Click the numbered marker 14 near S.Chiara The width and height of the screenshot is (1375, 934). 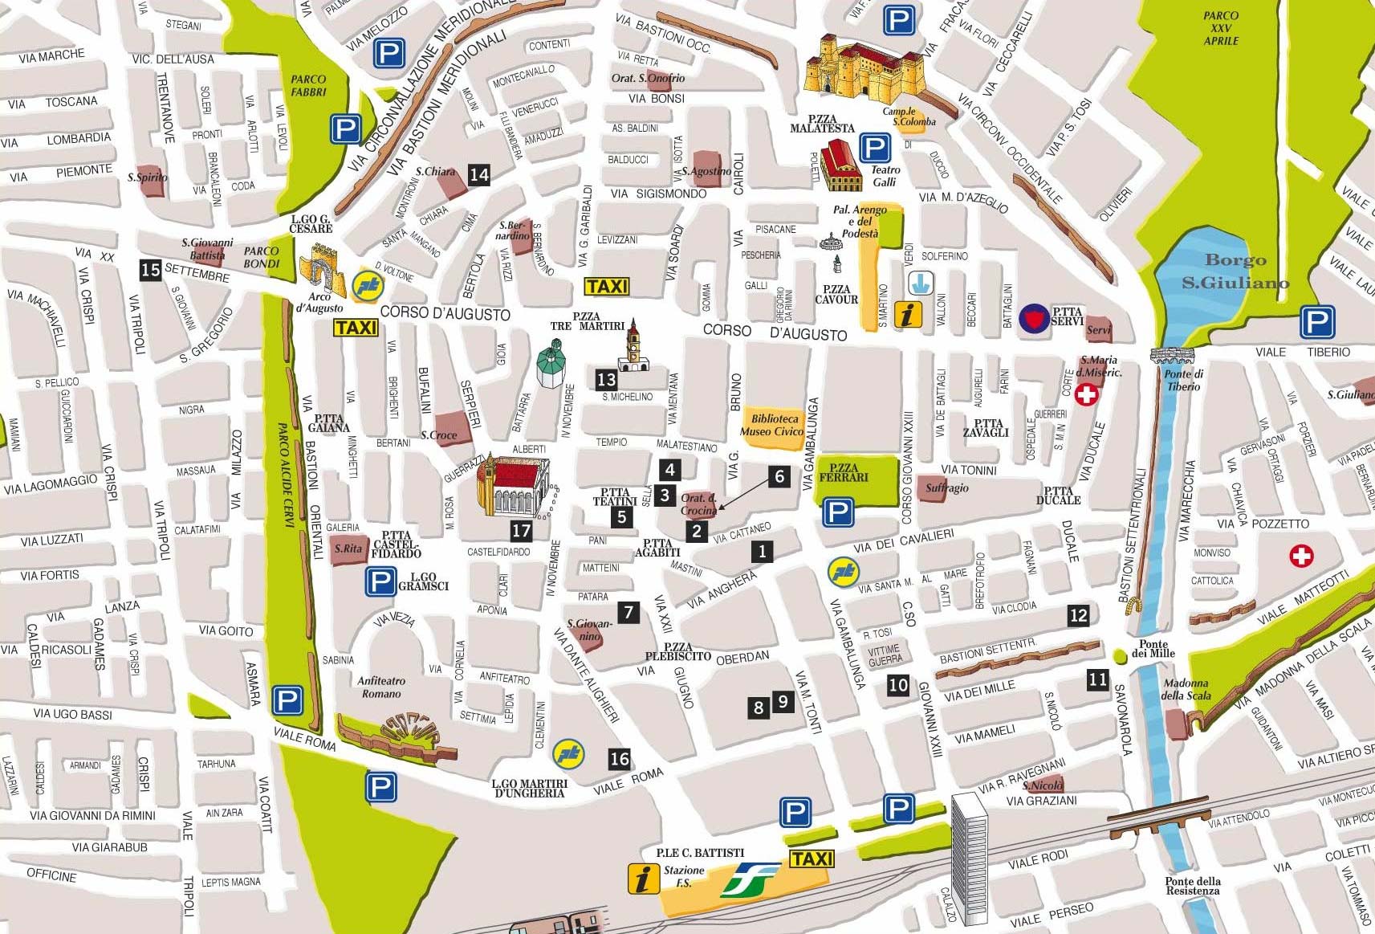click(479, 174)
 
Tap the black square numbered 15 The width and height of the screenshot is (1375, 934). click(150, 270)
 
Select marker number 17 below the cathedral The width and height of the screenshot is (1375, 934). click(522, 530)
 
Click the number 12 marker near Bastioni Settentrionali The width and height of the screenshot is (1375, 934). click(1078, 615)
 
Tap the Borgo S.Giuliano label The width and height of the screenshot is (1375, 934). click(1235, 271)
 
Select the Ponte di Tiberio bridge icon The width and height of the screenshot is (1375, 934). click(1172, 354)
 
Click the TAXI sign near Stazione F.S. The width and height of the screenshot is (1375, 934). click(812, 859)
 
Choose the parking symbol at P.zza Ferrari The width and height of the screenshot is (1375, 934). click(838, 512)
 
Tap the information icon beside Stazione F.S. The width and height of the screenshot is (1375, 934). click(643, 879)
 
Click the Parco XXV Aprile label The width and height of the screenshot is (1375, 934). click(1221, 28)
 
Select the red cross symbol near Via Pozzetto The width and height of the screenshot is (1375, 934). click(1301, 556)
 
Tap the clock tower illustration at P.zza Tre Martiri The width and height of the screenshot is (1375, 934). click(634, 347)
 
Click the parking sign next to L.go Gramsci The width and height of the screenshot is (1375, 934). click(380, 581)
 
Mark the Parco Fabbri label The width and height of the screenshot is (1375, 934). click(308, 85)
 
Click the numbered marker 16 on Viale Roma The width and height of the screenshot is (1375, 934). click(619, 758)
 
